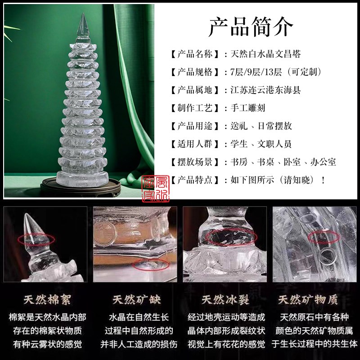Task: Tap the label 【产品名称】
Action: coord(196,54)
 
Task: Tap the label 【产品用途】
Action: coord(196,126)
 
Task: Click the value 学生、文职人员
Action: coord(260,144)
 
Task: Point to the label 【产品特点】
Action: coord(196,180)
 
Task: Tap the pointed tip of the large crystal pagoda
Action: coord(83,18)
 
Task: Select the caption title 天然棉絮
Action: coord(45,300)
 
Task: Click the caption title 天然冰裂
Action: coord(225,300)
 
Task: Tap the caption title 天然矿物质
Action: coord(315,300)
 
